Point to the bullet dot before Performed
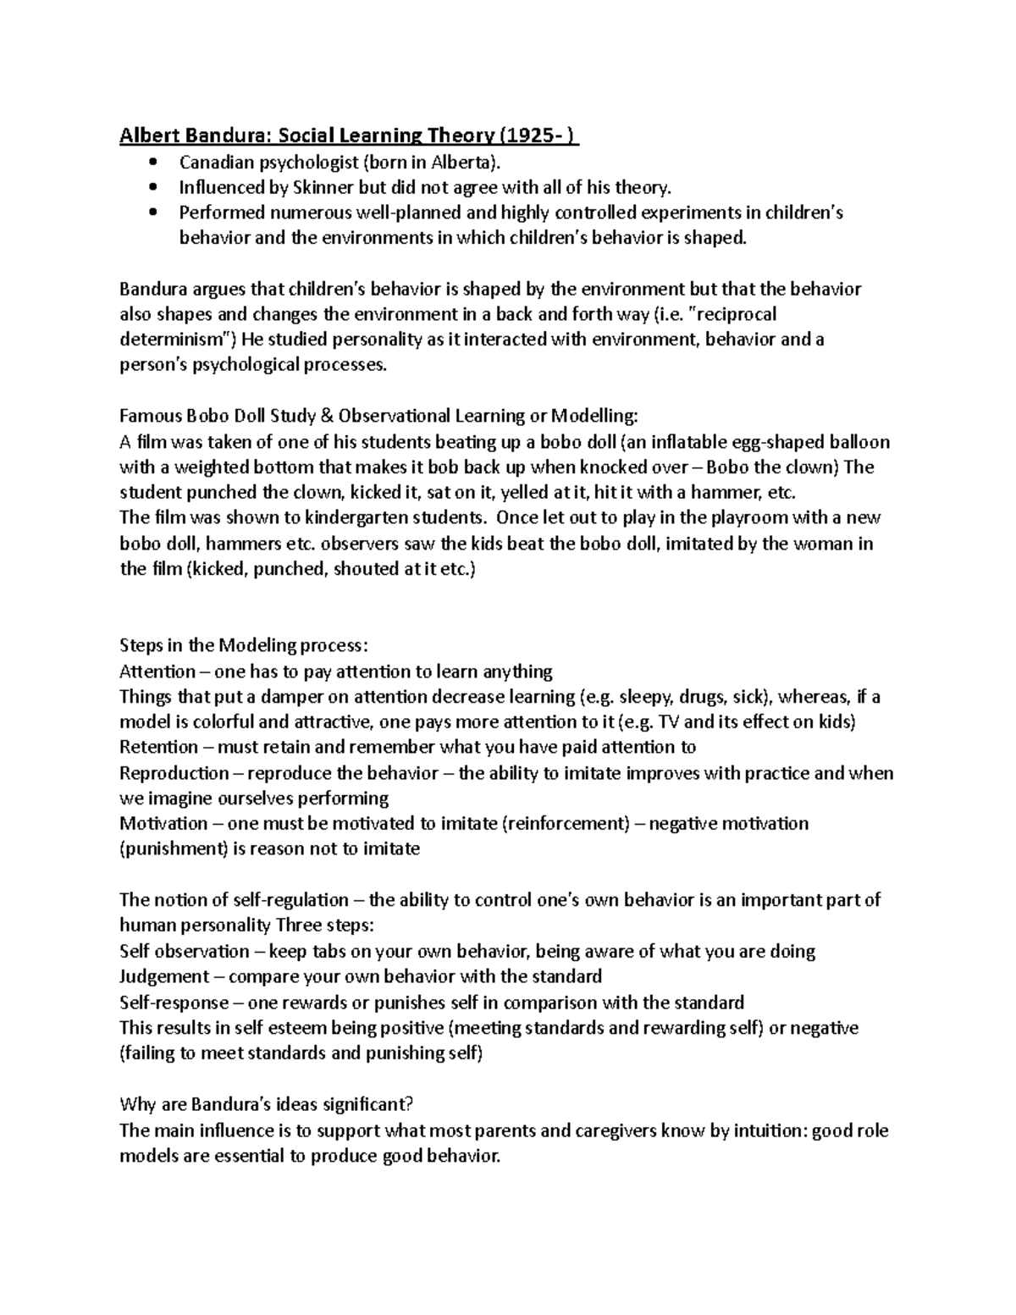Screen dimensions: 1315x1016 pyautogui.click(x=152, y=213)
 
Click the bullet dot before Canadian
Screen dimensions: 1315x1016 pyautogui.click(x=152, y=163)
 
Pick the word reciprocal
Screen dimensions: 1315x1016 pyautogui.click(x=735, y=315)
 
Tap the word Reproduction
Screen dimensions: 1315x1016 pyautogui.click(x=174, y=773)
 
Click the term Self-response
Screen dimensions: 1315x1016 pyautogui.click(x=174, y=1003)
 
